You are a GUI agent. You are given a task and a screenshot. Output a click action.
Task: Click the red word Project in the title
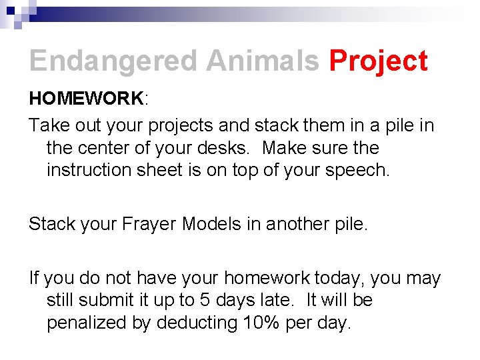tap(378, 61)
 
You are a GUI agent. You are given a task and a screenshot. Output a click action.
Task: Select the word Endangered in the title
tap(114, 61)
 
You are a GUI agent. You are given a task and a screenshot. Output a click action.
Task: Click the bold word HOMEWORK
tap(85, 99)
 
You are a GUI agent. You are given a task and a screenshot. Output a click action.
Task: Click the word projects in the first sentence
tap(184, 125)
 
